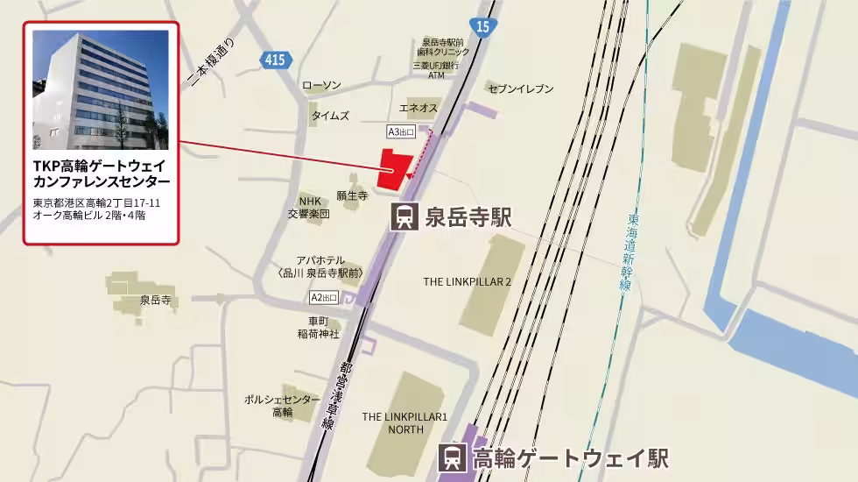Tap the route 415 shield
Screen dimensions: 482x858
272,59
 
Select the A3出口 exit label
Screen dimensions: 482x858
399,131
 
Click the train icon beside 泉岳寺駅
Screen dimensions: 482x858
404,216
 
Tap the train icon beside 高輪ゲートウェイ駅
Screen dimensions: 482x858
453,458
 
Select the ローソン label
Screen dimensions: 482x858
321,86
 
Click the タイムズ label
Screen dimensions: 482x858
329,116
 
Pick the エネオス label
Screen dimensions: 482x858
418,108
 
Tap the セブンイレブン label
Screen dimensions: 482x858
522,89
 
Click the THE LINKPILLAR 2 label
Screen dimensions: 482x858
467,282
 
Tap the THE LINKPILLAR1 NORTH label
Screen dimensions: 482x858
404,423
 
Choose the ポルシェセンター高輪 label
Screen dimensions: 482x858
282,406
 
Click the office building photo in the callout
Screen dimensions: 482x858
100,90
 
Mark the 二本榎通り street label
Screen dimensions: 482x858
212,63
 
